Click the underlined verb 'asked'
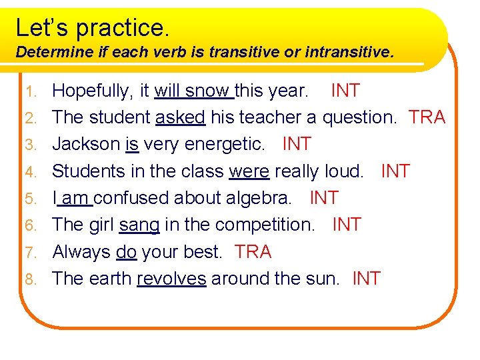[x=180, y=117]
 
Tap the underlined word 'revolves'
[x=171, y=279]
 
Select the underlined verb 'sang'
[x=139, y=225]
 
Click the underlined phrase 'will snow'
[x=193, y=91]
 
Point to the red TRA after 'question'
[x=427, y=117]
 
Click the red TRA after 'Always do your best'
[x=253, y=252]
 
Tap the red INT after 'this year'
[x=345, y=91]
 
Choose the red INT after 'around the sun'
[x=366, y=279]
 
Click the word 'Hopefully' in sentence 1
[x=91, y=91]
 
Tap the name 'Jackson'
[x=86, y=144]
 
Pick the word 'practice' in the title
[x=123, y=27]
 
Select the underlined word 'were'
[x=249, y=171]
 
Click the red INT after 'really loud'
[x=395, y=171]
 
